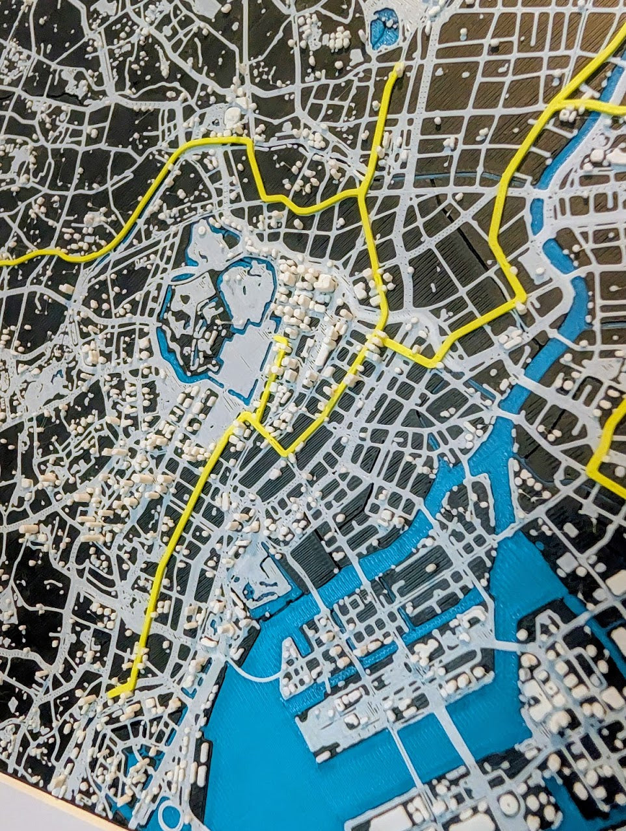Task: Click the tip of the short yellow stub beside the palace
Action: [281, 339]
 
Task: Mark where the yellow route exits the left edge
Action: [3, 262]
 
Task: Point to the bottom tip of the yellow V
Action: [286, 451]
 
